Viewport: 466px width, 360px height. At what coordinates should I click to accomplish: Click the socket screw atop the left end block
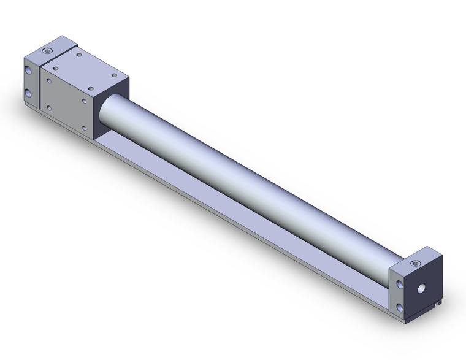click(x=48, y=48)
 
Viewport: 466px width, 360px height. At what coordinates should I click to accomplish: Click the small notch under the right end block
click(x=435, y=319)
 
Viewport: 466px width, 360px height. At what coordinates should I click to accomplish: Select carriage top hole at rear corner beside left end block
click(x=79, y=56)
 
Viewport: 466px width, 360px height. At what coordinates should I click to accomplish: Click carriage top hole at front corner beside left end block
click(x=56, y=69)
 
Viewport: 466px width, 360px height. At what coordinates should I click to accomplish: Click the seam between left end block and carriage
click(x=40, y=86)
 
